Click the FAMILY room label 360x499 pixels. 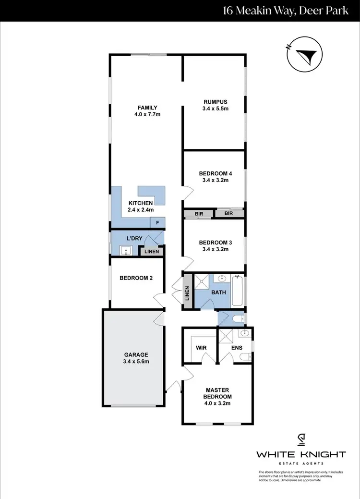click(147, 108)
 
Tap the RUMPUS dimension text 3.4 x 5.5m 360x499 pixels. click(215, 109)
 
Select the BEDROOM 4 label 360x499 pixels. click(212, 173)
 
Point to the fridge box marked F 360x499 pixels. click(157, 223)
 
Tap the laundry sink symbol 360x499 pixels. click(126, 250)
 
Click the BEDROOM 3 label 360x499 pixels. click(212, 243)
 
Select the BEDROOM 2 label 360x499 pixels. click(136, 278)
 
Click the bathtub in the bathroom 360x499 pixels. click(238, 291)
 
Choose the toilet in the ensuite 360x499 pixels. click(245, 356)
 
